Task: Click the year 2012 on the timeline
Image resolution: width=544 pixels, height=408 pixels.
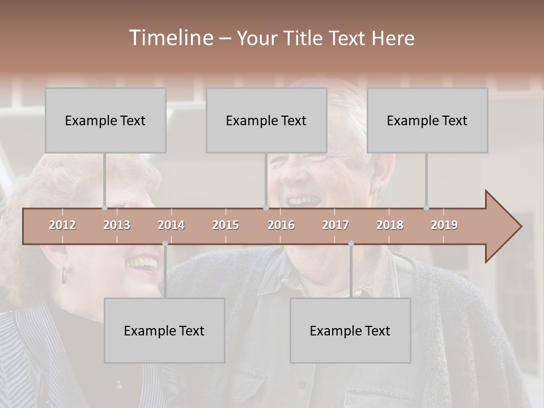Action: [62, 225]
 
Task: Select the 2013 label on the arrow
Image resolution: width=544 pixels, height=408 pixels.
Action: [117, 225]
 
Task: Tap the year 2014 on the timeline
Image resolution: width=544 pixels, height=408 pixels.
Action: [171, 225]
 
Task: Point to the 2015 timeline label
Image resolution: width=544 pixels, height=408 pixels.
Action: [226, 225]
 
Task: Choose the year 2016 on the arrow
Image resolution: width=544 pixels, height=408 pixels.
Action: [281, 225]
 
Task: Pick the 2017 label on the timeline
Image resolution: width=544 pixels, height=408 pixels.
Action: [335, 225]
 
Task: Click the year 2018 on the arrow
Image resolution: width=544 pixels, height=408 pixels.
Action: [390, 225]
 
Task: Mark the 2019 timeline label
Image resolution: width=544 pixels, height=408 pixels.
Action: [444, 225]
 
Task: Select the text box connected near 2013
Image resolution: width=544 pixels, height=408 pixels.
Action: [105, 120]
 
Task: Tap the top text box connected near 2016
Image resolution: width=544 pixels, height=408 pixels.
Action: [266, 120]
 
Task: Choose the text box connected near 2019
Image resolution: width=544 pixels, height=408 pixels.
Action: [427, 120]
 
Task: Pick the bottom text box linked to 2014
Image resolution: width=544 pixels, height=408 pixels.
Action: [164, 330]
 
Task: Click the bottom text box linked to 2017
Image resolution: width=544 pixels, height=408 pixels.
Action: [350, 330]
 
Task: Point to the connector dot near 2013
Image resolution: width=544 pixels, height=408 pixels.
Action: [104, 207]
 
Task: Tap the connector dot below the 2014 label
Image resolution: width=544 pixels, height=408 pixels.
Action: [165, 244]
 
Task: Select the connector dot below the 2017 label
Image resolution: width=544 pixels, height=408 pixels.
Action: [351, 244]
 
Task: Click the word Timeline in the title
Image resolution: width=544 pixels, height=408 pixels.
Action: [170, 38]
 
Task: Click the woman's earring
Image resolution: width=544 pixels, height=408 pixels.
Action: [63, 276]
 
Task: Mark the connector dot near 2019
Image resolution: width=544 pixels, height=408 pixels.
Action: [426, 207]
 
